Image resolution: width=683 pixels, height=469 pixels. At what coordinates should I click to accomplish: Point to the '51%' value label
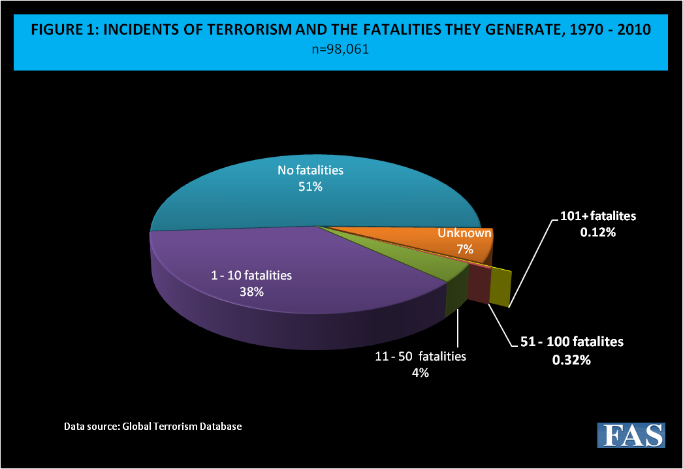click(x=310, y=186)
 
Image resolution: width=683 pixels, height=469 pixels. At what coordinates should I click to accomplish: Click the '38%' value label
click(x=251, y=292)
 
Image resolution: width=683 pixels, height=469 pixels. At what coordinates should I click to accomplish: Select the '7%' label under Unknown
click(x=465, y=249)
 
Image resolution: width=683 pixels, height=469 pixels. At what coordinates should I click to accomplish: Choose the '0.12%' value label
click(x=597, y=231)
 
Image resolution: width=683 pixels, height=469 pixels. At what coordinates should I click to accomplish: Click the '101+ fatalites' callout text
click(x=597, y=216)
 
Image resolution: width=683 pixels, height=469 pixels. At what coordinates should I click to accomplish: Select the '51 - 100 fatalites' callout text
click(x=572, y=342)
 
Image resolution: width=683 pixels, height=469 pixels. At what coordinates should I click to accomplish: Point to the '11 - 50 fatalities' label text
click(x=420, y=357)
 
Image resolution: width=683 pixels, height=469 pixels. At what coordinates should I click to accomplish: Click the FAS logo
click(x=631, y=435)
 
